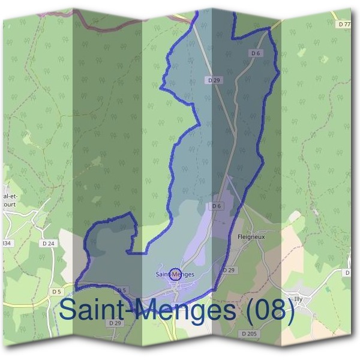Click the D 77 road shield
[344, 25]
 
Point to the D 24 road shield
[49, 243]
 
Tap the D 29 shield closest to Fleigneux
[228, 271]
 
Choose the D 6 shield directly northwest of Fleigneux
[217, 206]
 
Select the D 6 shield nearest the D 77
[256, 53]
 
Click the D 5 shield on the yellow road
[56, 292]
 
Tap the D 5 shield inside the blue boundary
[121, 290]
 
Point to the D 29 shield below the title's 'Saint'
[115, 323]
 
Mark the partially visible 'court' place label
[10, 203]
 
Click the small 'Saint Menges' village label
[175, 274]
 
